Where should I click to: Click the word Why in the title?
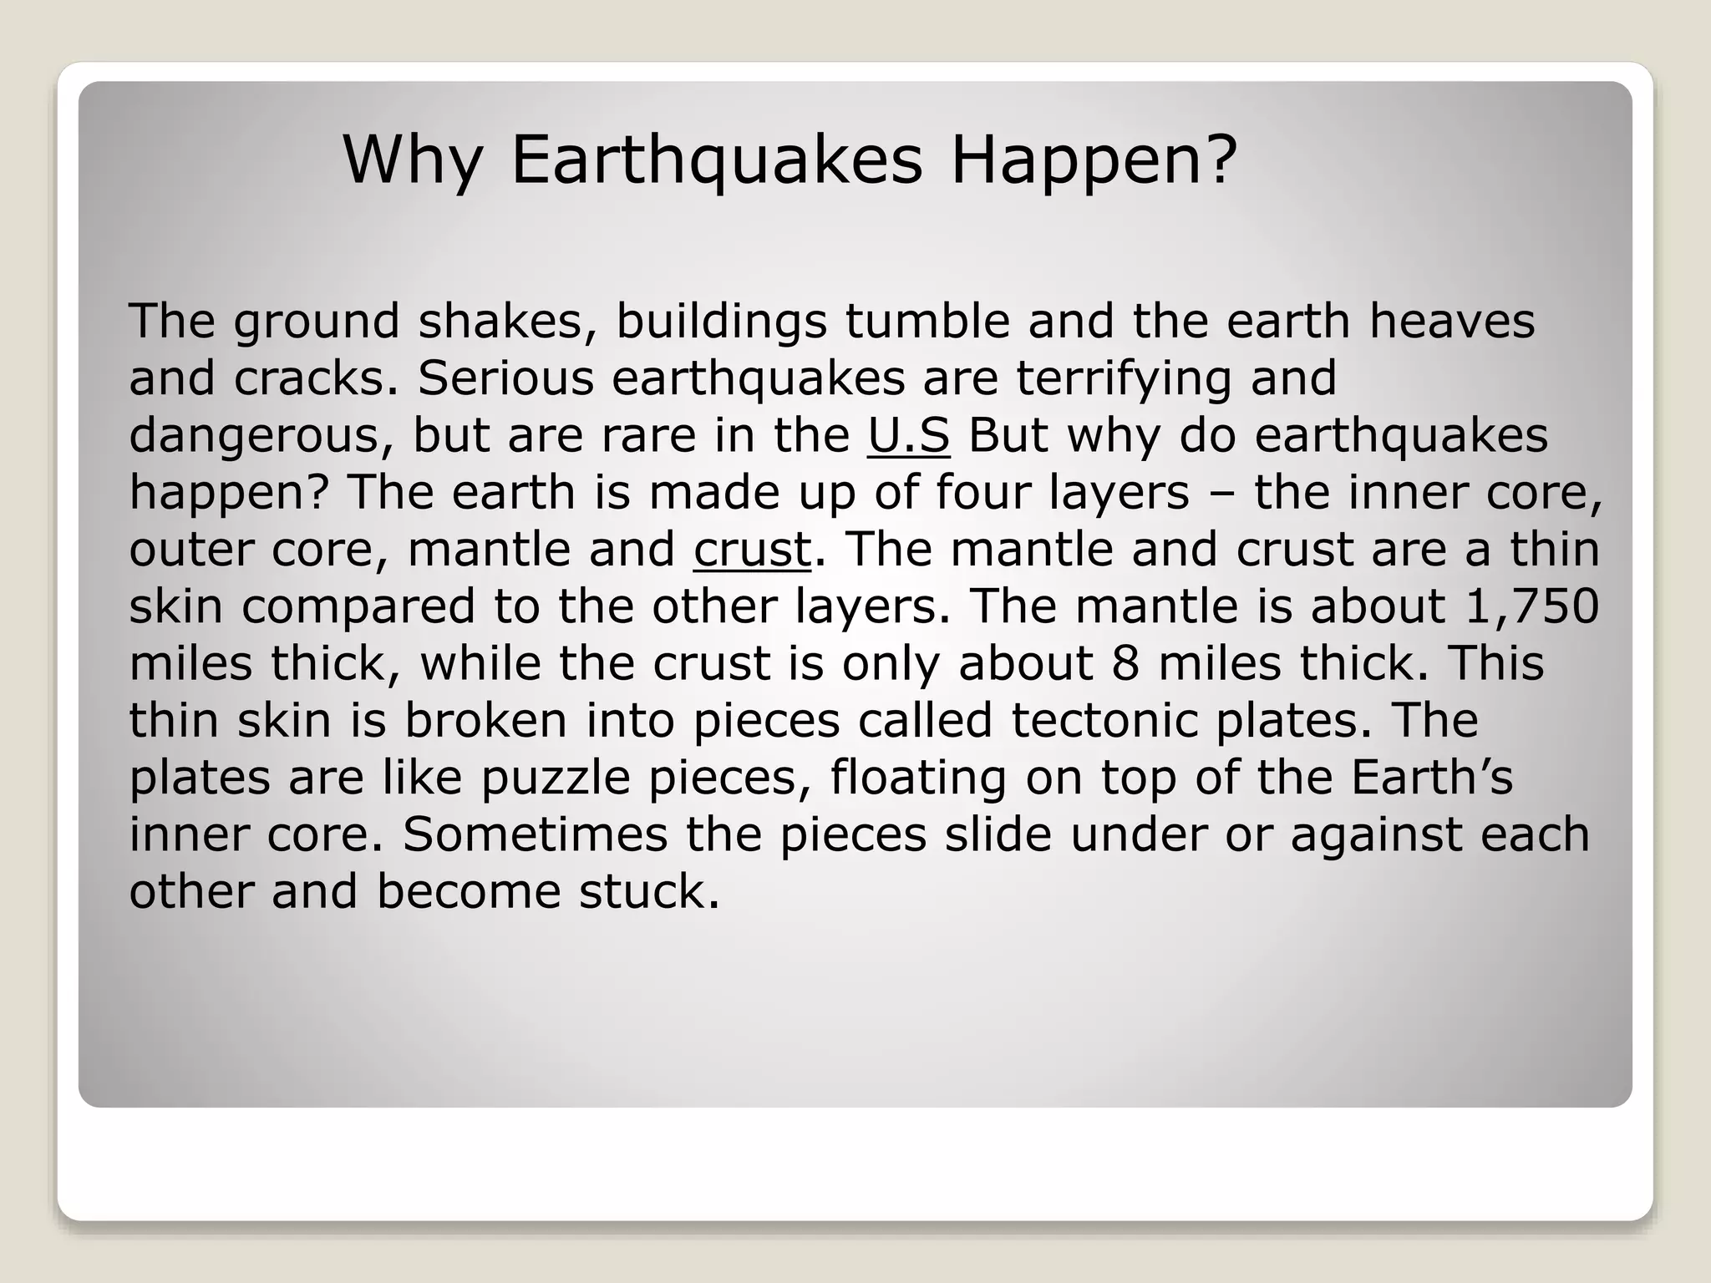click(413, 160)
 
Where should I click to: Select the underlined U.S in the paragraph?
click(908, 436)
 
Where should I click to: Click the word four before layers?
click(982, 493)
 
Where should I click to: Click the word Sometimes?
click(535, 834)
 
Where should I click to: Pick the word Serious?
click(505, 378)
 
